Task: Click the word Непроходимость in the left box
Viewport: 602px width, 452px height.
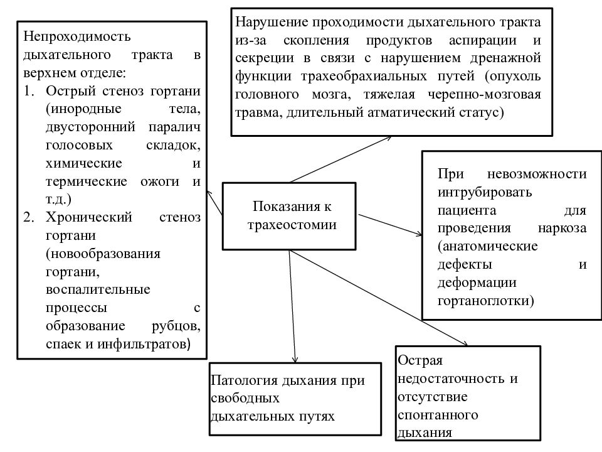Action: pyautogui.click(x=77, y=36)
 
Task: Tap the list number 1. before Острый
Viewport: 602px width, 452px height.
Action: pyautogui.click(x=29, y=90)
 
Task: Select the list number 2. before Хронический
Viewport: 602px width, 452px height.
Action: pyautogui.click(x=29, y=217)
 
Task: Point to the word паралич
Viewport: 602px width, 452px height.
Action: pyautogui.click(x=175, y=127)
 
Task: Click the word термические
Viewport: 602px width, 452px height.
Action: pyautogui.click(x=87, y=181)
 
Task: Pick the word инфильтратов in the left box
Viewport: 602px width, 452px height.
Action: pyautogui.click(x=144, y=343)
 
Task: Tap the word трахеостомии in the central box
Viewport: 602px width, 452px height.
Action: pyautogui.click(x=292, y=225)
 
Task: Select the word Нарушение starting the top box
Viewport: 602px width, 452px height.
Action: pyautogui.click(x=272, y=22)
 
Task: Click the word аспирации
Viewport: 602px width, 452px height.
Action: pyautogui.click(x=483, y=40)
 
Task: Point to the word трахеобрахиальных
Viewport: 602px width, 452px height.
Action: pyautogui.click(x=364, y=76)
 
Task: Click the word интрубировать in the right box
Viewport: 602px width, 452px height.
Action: pyautogui.click(x=485, y=192)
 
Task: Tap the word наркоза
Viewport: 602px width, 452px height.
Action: pyautogui.click(x=562, y=228)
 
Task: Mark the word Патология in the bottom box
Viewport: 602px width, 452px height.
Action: pyautogui.click(x=245, y=380)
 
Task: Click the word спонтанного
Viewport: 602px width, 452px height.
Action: pyautogui.click(x=438, y=415)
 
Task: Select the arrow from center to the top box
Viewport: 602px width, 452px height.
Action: pyautogui.click(x=341, y=159)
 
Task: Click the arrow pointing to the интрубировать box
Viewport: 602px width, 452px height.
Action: pyautogui.click(x=390, y=225)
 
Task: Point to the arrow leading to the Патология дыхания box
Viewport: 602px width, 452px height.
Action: pyautogui.click(x=292, y=306)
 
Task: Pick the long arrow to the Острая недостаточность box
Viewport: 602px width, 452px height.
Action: pyautogui.click(x=379, y=298)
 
